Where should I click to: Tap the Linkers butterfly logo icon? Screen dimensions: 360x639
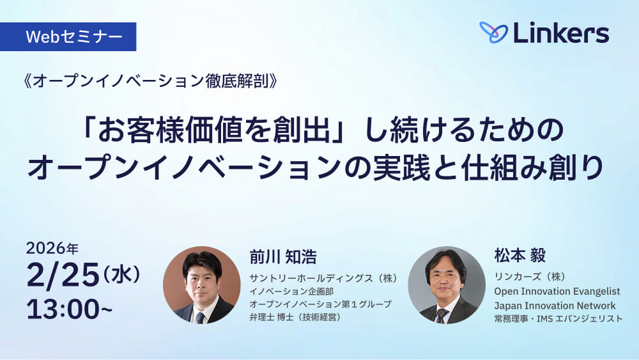click(x=493, y=33)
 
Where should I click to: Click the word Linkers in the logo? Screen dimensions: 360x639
click(x=560, y=33)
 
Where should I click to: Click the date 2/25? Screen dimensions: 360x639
click(x=63, y=275)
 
